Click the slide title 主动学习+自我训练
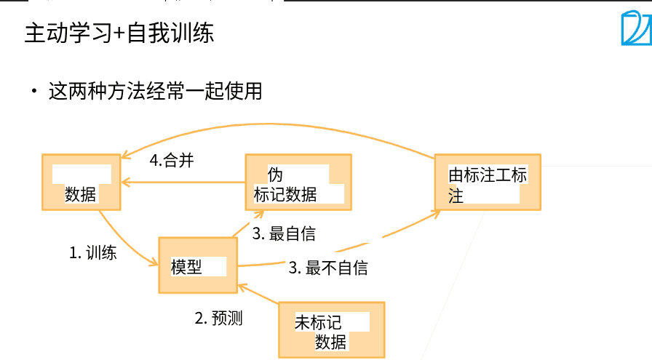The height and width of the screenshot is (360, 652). click(119, 33)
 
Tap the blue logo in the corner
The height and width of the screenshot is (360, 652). click(635, 29)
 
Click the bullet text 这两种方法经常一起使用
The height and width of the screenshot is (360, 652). click(154, 92)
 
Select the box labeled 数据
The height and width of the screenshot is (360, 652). click(81, 182)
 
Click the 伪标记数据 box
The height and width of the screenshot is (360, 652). click(298, 182)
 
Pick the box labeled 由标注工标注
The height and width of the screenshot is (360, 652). click(487, 183)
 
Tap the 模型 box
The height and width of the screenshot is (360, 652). click(198, 265)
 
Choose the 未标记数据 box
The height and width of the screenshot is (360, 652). click(331, 330)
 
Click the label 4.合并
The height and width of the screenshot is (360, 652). click(172, 161)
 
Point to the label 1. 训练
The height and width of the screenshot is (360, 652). click(93, 254)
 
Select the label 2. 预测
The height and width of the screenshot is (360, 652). click(218, 318)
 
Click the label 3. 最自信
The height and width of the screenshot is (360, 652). click(284, 234)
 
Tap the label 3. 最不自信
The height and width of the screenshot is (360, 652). click(328, 268)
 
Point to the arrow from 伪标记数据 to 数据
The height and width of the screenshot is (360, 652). click(182, 182)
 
